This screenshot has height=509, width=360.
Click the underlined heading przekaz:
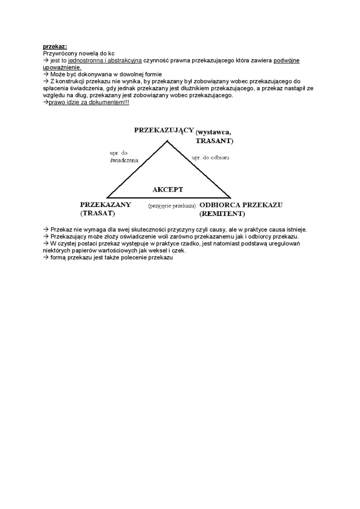point(55,47)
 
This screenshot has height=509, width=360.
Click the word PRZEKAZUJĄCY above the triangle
point(164,130)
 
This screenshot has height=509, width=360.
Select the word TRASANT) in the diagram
point(215,141)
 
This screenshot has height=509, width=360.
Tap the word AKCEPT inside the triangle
point(168,189)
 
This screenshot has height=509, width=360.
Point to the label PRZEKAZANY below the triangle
point(106,205)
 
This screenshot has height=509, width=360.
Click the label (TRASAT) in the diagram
point(98,214)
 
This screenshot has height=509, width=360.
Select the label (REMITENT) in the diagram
point(222,214)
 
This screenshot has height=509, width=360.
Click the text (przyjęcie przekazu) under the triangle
point(172,206)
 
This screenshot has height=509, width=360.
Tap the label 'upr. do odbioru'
point(210,157)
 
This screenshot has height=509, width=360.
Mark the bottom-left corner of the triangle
point(108,197)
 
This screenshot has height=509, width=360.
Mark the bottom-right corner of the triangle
point(231,197)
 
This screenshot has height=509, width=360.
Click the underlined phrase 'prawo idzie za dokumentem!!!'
point(89,102)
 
